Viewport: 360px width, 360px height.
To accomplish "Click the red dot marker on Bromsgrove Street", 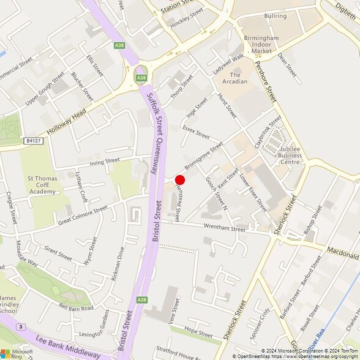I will click(x=180, y=179).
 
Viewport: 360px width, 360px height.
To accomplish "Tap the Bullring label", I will click(x=276, y=15).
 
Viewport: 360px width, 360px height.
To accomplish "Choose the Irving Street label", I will click(x=104, y=162).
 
